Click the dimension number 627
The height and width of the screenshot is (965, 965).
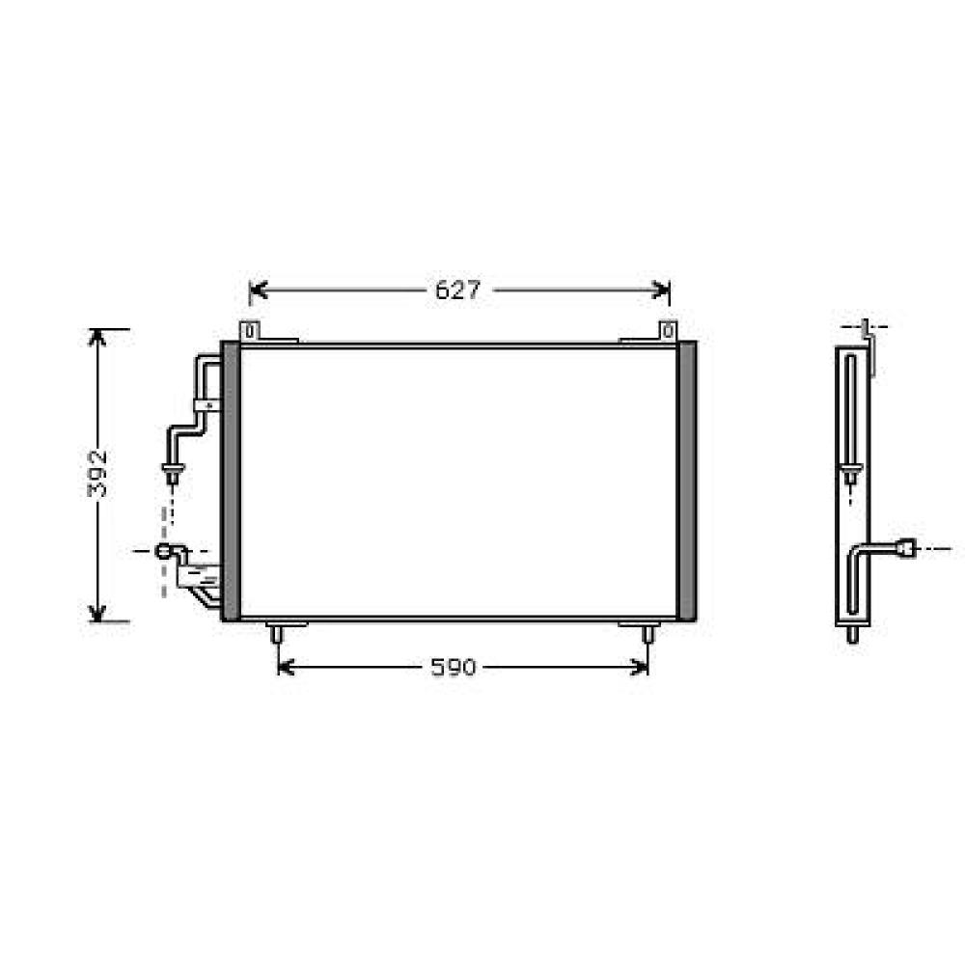point(457,290)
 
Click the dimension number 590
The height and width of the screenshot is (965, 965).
point(454,667)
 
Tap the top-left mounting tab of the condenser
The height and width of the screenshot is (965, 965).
point(249,331)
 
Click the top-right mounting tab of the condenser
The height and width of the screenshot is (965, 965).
point(668,331)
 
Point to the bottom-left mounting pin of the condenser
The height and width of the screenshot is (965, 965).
point(277,634)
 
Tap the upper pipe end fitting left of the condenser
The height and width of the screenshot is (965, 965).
point(172,474)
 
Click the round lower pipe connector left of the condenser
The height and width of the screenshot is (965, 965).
point(165,551)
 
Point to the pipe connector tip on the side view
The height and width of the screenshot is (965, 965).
point(906,548)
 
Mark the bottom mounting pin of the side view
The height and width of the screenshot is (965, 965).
point(852,635)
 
